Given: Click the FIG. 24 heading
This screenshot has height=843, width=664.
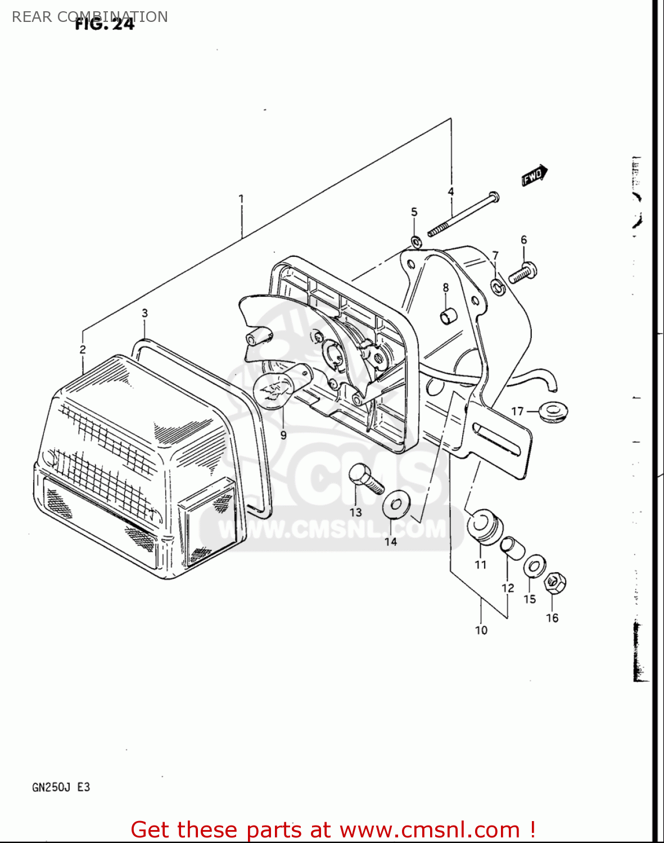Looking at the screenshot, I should (105, 25).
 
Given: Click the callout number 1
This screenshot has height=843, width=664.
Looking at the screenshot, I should (241, 198).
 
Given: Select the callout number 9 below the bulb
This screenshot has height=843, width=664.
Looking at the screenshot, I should (283, 435).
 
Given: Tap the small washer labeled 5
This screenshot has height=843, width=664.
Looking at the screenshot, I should (417, 242).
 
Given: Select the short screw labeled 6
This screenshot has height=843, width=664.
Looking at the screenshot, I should (523, 274).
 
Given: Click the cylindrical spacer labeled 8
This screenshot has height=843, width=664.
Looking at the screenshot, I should (448, 316).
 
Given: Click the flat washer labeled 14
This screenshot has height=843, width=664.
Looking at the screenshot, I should (396, 504).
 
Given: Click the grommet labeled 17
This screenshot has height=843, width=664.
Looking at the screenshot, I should (553, 411).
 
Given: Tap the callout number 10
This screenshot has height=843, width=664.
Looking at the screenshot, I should (481, 630).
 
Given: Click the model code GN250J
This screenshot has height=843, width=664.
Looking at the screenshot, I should (51, 787).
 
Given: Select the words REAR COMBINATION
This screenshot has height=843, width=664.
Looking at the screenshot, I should (90, 16).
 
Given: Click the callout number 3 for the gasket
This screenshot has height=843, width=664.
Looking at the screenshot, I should (144, 313).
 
